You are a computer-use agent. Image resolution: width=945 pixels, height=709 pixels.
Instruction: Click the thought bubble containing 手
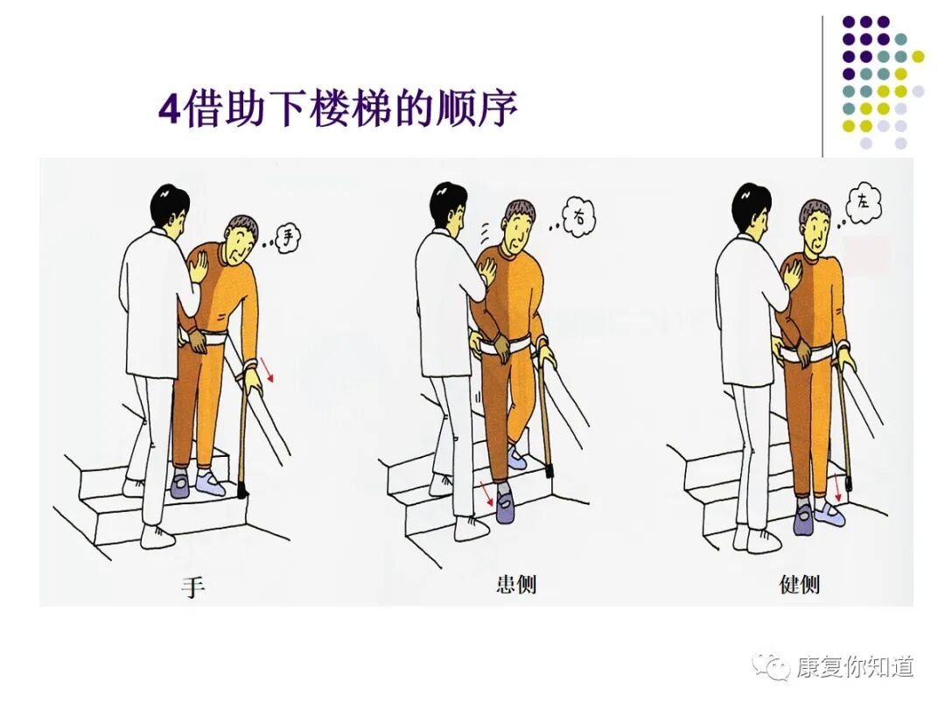coord(288,237)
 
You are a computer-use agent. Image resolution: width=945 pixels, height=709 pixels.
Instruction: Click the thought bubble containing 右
coord(578,216)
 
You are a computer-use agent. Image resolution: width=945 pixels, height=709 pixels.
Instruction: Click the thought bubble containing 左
coord(864,202)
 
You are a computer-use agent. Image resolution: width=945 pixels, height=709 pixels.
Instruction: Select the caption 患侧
coord(516,584)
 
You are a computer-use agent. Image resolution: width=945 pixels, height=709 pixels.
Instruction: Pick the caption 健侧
coord(799,584)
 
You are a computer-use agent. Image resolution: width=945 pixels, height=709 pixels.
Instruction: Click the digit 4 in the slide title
coord(170,109)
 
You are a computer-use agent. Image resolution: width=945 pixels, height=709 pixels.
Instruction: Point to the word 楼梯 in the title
coord(350,109)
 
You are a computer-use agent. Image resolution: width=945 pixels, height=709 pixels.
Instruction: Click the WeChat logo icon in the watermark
coord(771,667)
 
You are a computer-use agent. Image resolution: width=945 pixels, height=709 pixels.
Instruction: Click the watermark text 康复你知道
coord(855,667)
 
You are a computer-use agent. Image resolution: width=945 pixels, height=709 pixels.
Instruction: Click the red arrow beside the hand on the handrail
coord(268,369)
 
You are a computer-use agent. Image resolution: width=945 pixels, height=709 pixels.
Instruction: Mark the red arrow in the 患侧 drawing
coord(487,493)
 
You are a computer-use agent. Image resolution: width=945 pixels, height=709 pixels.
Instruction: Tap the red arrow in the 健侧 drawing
coord(837,488)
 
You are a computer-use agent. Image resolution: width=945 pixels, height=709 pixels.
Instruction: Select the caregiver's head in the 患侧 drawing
coord(448,207)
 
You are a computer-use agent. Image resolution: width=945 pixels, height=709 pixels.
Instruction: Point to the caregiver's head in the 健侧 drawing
coord(750,207)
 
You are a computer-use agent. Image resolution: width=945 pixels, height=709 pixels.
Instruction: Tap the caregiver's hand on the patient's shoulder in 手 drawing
coord(197,266)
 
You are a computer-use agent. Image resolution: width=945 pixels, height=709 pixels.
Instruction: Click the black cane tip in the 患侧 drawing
coord(549,470)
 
